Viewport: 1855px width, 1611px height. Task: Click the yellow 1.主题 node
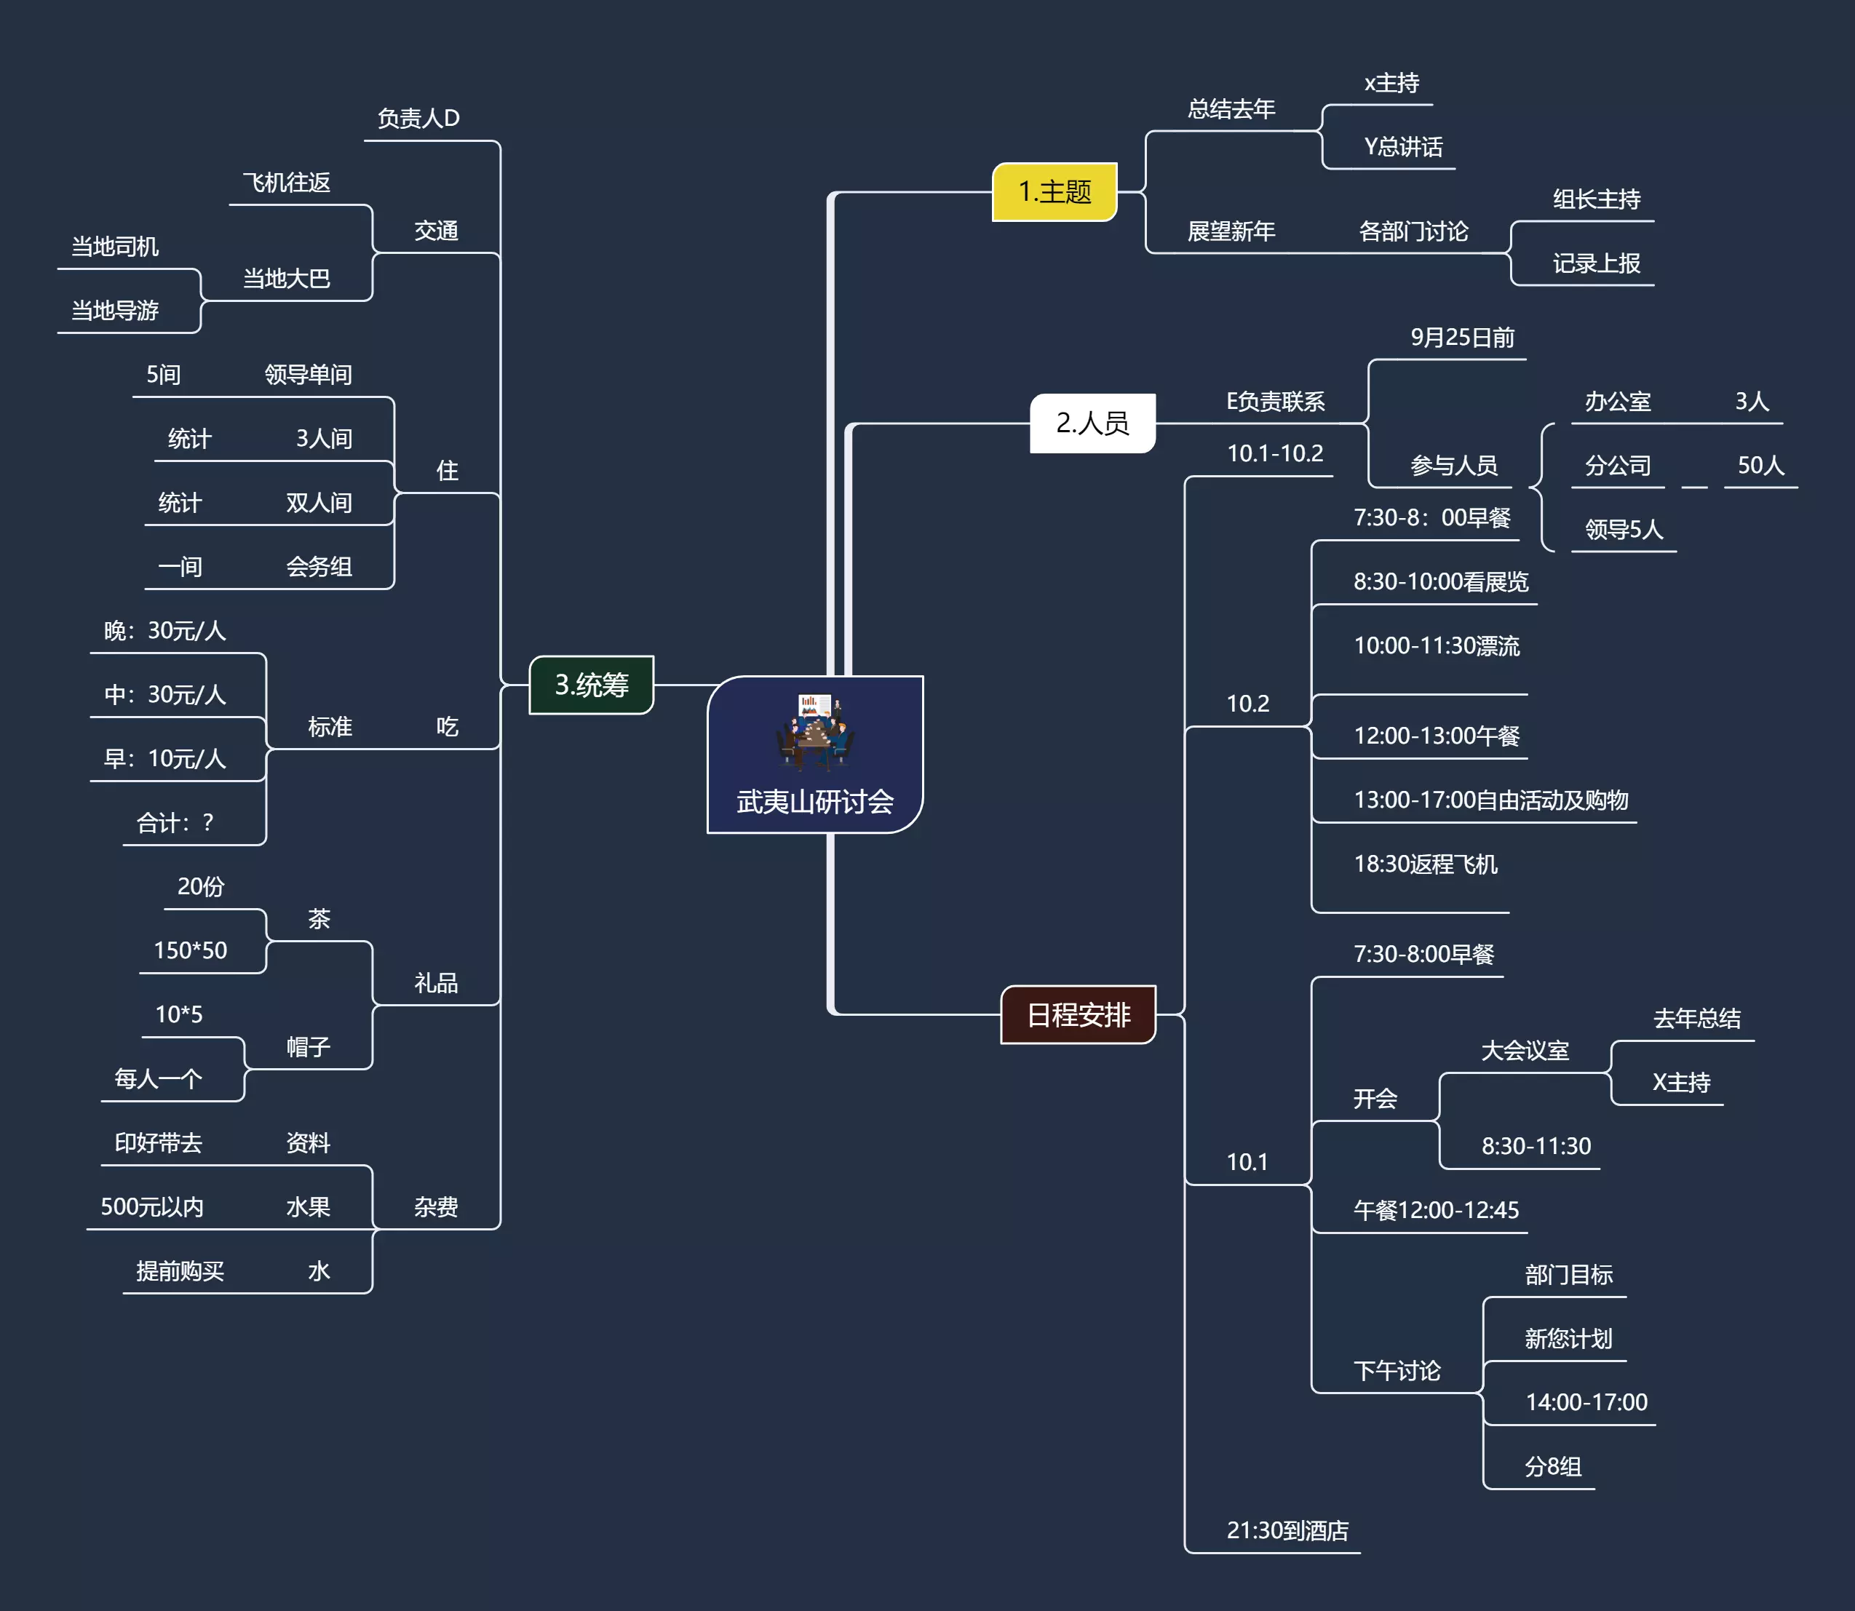tap(1054, 191)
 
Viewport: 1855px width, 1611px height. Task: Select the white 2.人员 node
tap(1092, 423)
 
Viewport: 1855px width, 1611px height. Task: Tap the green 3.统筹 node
tap(592, 685)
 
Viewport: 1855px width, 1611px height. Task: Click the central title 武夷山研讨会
tap(814, 801)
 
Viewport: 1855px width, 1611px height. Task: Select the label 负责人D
tap(418, 119)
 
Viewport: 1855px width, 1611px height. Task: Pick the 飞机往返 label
tap(287, 183)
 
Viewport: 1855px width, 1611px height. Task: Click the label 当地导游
tap(115, 311)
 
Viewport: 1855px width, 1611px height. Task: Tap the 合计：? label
tap(175, 822)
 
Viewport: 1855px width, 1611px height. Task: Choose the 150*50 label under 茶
tap(191, 950)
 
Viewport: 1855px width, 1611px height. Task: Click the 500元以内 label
tap(152, 1206)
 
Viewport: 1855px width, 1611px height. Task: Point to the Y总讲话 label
tap(1403, 146)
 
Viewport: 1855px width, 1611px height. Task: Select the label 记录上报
tap(1596, 263)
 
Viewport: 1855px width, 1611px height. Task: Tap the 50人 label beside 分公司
tap(1760, 465)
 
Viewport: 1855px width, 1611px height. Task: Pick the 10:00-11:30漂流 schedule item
tap(1436, 645)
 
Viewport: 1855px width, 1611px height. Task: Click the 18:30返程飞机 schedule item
tap(1425, 864)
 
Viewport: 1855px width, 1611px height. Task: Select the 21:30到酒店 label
tap(1287, 1530)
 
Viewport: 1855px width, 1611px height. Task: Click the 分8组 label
tap(1553, 1466)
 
